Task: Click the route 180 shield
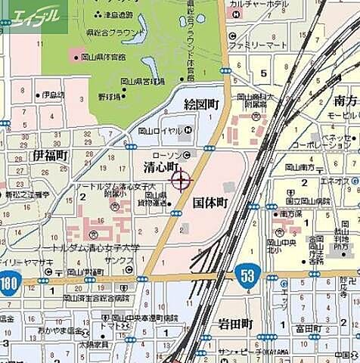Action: click(10, 284)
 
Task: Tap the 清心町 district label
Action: click(160, 167)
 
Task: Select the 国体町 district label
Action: click(209, 203)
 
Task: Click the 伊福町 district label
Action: click(50, 155)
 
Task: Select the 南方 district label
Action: click(346, 101)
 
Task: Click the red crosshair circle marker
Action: click(182, 180)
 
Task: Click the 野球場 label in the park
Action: click(110, 97)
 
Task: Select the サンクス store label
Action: click(119, 260)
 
